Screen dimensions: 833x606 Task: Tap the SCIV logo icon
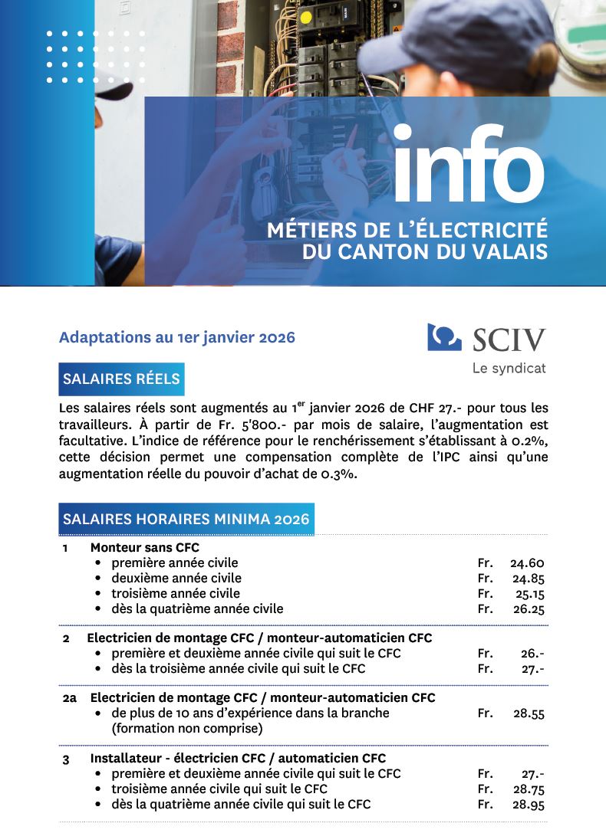point(444,337)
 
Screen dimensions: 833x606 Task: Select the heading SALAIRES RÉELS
point(121,379)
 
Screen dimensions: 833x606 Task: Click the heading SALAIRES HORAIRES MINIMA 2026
point(186,519)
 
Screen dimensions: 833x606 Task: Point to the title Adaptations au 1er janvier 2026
point(176,337)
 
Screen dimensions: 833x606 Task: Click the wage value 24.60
point(527,563)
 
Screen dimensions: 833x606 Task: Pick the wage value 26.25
point(527,609)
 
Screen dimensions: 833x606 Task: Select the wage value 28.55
point(529,713)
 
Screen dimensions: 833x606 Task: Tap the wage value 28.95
point(528,805)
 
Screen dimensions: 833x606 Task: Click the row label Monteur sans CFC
point(144,547)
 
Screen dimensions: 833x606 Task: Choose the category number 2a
point(70,698)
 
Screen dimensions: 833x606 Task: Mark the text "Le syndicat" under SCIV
point(509,369)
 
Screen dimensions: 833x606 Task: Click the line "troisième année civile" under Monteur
point(175,594)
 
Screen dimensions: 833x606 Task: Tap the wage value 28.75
point(528,789)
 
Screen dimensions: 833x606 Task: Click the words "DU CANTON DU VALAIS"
point(425,252)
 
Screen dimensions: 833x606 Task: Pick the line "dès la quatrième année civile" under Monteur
point(197,609)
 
